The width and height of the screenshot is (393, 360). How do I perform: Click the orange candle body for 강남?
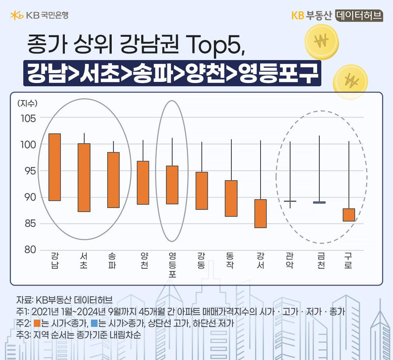[55, 167]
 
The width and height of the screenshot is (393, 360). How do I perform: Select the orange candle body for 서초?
[84, 177]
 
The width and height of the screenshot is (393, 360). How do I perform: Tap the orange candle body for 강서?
[261, 213]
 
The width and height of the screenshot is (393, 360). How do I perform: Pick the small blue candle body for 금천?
[319, 202]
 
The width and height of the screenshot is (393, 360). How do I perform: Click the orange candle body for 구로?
[349, 215]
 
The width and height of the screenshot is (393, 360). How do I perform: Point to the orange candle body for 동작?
[231, 198]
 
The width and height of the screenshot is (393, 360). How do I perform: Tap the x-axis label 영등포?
[172, 265]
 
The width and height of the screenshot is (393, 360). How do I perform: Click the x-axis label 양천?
[144, 261]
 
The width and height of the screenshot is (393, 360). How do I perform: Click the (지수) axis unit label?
[27, 103]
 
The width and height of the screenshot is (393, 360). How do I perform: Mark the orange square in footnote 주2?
[36, 323]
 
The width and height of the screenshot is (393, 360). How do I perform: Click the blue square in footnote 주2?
[94, 323]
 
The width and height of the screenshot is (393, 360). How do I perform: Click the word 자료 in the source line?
[24, 301]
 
